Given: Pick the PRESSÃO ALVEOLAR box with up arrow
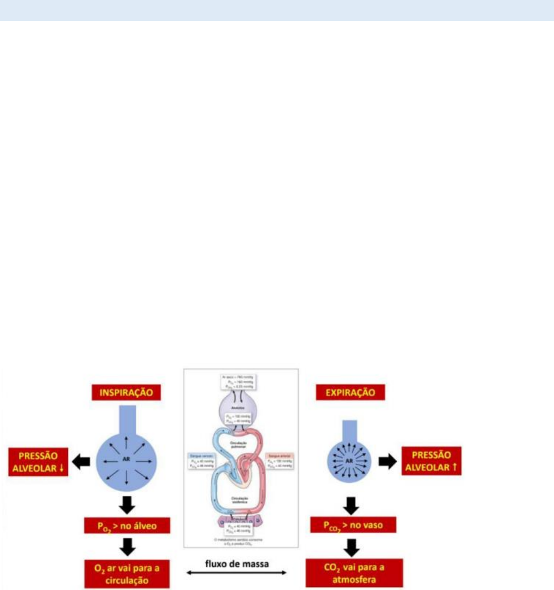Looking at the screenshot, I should pos(431,461).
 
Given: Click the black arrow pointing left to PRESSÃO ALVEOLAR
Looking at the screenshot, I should pos(81,461).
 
